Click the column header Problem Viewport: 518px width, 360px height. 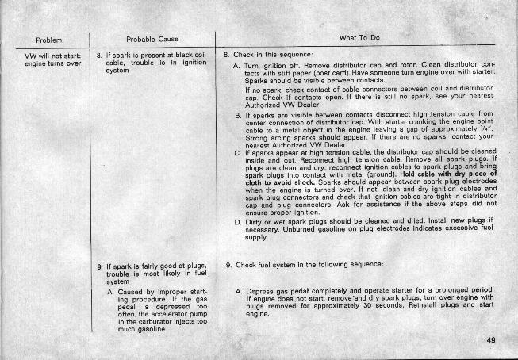(48, 39)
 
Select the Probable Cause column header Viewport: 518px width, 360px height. (145, 39)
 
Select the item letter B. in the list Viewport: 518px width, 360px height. (238, 115)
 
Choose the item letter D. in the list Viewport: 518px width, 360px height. (238, 224)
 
